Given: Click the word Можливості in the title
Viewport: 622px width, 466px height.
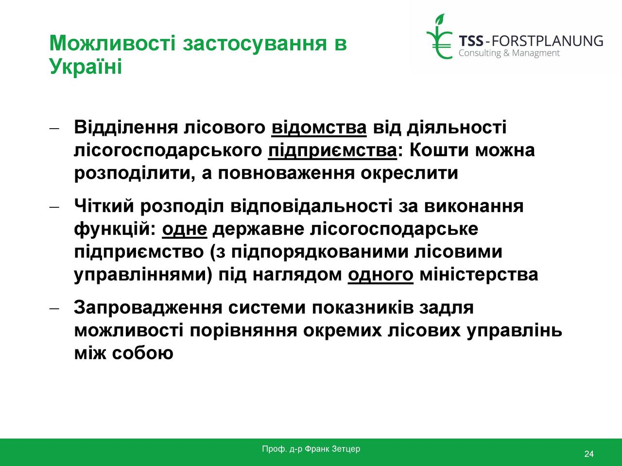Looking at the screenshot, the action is tap(113, 43).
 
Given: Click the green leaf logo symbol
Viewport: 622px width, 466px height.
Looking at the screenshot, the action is tap(439, 36).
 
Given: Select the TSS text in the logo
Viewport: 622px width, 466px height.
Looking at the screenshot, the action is tap(471, 41).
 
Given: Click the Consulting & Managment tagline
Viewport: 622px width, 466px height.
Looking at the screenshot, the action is tap(509, 53).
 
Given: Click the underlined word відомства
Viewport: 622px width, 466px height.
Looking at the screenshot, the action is tap(319, 127).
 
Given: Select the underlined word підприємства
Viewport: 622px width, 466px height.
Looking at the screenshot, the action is tap(332, 150).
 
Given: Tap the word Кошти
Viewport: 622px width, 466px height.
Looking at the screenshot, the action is tap(439, 150).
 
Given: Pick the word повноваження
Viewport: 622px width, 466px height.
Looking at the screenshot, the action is tap(286, 173).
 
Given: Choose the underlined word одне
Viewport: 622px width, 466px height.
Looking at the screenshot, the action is tap(185, 229).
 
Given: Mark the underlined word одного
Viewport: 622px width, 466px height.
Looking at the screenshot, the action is tap(380, 274).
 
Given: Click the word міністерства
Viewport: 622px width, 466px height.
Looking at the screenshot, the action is tap(479, 274).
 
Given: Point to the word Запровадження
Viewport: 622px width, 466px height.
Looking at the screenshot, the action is tap(148, 308).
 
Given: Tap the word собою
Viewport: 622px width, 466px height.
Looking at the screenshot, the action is tap(142, 353).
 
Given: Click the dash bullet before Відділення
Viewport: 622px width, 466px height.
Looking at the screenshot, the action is tap(54, 128).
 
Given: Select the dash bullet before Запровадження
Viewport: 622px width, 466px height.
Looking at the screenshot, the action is tap(54, 308).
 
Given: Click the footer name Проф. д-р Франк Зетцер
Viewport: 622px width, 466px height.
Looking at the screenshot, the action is tap(311, 449).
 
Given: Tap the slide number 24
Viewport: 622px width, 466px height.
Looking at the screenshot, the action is tap(588, 454).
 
